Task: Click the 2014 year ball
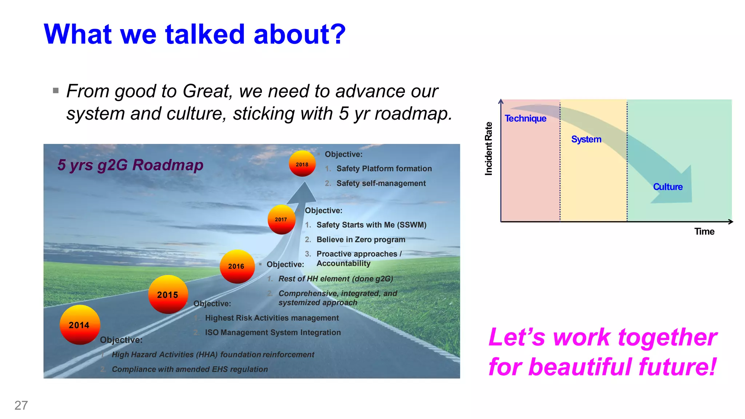click(x=80, y=325)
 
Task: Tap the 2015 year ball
click(x=168, y=295)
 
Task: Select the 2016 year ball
click(x=237, y=266)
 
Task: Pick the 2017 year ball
click(x=281, y=219)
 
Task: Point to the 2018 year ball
click(x=302, y=164)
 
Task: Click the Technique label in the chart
click(x=525, y=119)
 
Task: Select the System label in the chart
click(x=586, y=139)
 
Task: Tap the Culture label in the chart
click(x=668, y=187)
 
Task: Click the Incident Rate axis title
click(x=489, y=149)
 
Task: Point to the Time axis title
click(x=704, y=232)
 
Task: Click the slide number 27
click(x=21, y=405)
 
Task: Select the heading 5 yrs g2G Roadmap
click(x=130, y=165)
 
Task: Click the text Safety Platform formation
click(x=384, y=169)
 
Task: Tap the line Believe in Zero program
click(x=360, y=240)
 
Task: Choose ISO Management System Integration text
click(x=273, y=332)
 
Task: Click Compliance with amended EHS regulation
click(x=190, y=369)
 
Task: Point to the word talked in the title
click(x=205, y=34)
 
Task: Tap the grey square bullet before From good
click(x=56, y=91)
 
